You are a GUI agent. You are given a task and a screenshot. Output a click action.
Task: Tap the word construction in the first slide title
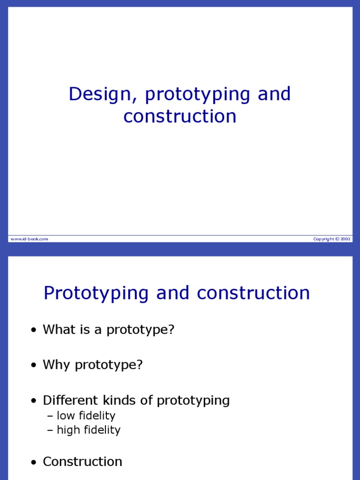point(180,117)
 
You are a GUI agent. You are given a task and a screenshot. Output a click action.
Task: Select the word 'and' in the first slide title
point(274,94)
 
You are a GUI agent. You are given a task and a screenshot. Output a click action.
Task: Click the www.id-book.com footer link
point(29,239)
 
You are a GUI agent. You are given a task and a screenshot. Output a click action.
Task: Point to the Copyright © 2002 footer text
point(332,239)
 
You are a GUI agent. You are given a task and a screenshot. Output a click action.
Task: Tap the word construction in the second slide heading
point(254,293)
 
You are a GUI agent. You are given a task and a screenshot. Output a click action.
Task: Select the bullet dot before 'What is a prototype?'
point(33,330)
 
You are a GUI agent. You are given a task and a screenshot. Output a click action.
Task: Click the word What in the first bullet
point(56,330)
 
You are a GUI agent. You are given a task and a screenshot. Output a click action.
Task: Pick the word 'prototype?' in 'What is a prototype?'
point(141,330)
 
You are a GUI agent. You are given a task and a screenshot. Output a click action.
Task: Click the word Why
point(54,365)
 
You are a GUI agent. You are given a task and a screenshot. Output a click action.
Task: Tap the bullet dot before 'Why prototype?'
point(33,366)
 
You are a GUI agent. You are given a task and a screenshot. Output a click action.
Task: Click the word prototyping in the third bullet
point(193,401)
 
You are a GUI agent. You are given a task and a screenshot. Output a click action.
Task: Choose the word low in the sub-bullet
point(65,416)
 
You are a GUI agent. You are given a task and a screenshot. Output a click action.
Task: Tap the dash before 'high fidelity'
point(50,430)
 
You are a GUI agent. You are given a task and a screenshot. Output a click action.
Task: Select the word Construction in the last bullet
point(82,462)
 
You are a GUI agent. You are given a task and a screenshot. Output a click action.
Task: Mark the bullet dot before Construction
point(33,463)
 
